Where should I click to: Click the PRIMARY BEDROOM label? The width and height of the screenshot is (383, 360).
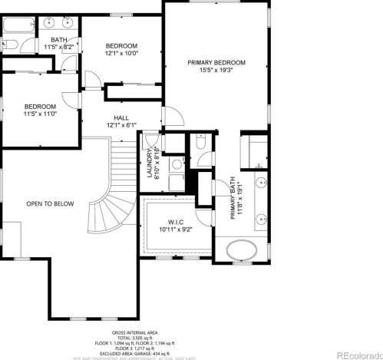click(216, 61)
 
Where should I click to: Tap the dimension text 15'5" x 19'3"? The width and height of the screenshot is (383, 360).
click(216, 70)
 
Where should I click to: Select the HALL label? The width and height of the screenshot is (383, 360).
click(121, 117)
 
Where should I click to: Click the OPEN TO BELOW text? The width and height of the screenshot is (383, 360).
click(50, 203)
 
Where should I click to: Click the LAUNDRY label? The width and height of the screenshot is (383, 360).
click(152, 162)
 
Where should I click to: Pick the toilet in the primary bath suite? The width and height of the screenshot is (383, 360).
click(198, 143)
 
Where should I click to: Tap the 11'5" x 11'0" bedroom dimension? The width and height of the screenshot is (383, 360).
click(39, 114)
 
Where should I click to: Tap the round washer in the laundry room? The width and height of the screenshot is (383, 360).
click(176, 163)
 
